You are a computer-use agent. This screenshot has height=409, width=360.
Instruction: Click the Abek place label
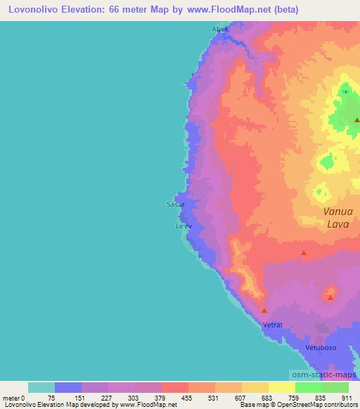[x=220, y=30]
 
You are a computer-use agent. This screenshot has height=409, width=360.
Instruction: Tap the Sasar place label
[x=175, y=204]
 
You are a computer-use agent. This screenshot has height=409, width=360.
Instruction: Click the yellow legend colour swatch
[x=282, y=387]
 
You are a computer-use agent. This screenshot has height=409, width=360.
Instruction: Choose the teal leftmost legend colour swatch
[x=41, y=387]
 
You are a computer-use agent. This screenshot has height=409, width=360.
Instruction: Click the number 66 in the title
[x=119, y=10]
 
